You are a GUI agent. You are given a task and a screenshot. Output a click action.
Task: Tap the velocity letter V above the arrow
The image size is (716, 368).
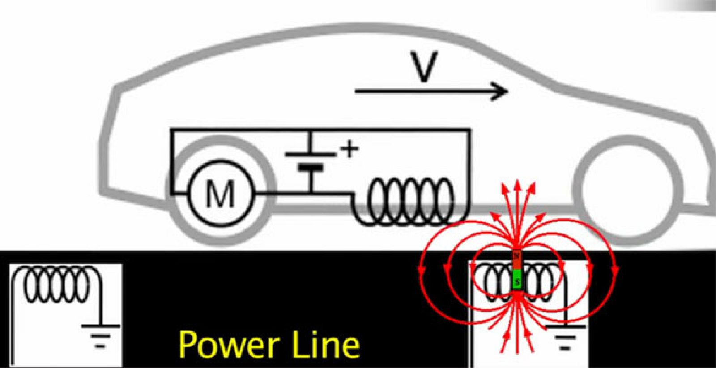coord(423,68)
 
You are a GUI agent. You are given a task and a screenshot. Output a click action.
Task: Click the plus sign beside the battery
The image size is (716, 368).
coord(349,149)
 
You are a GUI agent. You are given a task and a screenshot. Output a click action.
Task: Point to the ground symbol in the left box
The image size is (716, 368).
coord(101,336)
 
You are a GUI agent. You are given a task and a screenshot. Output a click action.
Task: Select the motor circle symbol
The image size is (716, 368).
coord(220,194)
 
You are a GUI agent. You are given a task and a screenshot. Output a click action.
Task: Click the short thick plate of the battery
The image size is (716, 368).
coord(311,168)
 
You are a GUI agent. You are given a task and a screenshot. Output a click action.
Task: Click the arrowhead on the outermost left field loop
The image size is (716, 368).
coord(421,270)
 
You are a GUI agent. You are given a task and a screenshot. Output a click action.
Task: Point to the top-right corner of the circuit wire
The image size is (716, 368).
coord(470,130)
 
